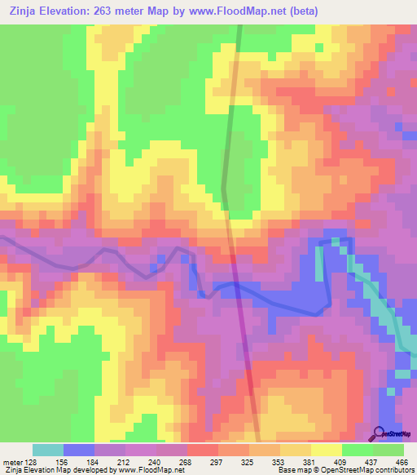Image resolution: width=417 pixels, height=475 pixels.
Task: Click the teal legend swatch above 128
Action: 48,450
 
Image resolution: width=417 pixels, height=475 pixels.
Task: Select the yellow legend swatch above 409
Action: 327,450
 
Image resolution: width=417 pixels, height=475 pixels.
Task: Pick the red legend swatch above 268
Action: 203,450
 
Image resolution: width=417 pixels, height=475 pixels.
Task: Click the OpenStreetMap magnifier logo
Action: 379,434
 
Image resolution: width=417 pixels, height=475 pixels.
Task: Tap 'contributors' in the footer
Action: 391,470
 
